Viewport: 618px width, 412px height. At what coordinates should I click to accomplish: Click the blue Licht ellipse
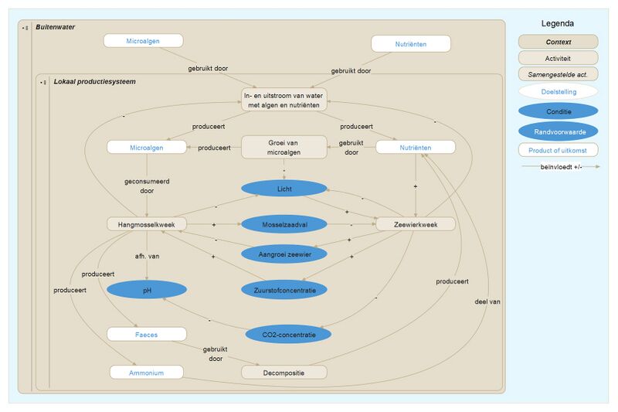pyautogui.click(x=284, y=189)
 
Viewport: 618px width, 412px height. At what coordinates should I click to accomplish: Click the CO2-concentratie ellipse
pyautogui.click(x=288, y=335)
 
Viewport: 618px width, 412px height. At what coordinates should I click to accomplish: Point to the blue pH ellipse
pyautogui.click(x=147, y=290)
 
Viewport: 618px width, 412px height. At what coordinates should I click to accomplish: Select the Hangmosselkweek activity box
pyautogui.click(x=146, y=224)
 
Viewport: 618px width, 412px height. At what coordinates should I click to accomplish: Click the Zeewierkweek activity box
pyautogui.click(x=416, y=224)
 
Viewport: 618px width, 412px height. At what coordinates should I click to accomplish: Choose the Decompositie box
pyautogui.click(x=284, y=373)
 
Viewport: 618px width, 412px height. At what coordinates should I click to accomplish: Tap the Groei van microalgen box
pyautogui.click(x=284, y=147)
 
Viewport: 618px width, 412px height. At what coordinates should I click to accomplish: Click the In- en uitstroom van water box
pyautogui.click(x=284, y=100)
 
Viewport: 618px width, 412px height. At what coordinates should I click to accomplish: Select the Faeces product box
pyautogui.click(x=147, y=334)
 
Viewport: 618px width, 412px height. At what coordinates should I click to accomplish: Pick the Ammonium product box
pyautogui.click(x=147, y=373)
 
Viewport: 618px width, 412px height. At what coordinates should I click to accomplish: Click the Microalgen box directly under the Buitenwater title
pyautogui.click(x=144, y=41)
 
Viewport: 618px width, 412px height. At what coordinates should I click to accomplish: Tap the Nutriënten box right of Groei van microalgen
pyautogui.click(x=416, y=147)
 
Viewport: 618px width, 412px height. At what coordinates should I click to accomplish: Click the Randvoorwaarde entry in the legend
pyautogui.click(x=558, y=131)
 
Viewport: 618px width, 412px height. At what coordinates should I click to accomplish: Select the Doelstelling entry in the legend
pyautogui.click(x=558, y=92)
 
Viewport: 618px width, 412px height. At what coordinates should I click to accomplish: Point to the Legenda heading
pyautogui.click(x=558, y=24)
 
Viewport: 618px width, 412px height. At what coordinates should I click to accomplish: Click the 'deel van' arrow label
pyautogui.click(x=487, y=301)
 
